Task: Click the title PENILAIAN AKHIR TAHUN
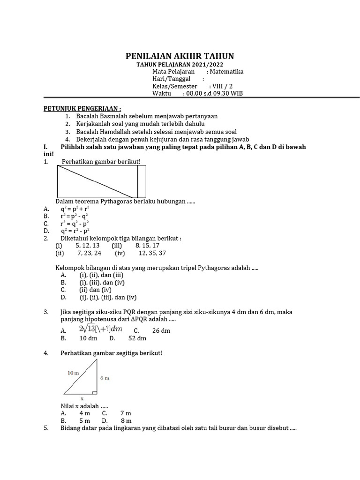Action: click(180, 56)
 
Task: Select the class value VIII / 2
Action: click(221, 86)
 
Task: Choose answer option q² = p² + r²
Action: click(75, 209)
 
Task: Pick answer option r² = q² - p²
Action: click(75, 224)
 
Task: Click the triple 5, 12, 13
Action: click(87, 246)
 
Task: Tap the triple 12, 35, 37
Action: click(152, 253)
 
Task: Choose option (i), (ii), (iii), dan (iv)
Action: click(108, 298)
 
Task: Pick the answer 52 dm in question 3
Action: click(137, 338)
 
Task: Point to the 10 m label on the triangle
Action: click(73, 373)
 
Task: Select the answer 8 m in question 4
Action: click(126, 421)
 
